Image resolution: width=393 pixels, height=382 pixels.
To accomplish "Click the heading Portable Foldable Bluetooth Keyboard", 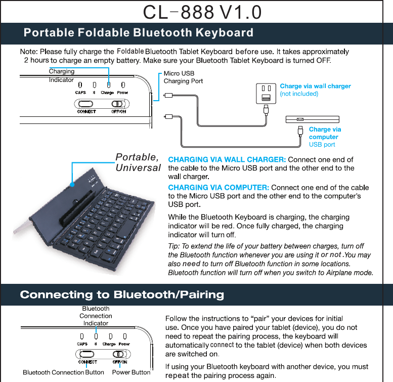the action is tap(138, 33).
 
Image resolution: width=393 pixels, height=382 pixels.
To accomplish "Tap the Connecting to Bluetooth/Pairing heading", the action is tap(122, 294).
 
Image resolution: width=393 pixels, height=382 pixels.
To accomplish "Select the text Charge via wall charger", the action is tap(315, 86).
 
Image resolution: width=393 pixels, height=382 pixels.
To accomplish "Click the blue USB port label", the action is tap(322, 145).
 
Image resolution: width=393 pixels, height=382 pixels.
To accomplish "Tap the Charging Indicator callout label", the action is tap(61, 76).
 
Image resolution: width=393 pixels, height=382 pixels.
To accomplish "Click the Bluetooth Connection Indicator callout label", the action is tap(96, 316).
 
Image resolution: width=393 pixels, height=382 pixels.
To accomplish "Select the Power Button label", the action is tap(132, 372).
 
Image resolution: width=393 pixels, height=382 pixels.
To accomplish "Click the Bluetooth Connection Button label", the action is tap(63, 372).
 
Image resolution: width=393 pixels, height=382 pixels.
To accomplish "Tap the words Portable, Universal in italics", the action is tap(138, 162).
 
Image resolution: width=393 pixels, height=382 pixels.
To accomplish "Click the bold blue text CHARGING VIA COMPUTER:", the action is tap(219, 188).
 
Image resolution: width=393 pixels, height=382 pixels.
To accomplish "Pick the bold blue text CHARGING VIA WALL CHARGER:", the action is tap(227, 160).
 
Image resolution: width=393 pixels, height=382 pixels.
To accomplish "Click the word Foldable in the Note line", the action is tap(130, 51).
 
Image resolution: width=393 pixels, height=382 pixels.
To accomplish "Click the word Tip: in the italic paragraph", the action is tap(173, 246).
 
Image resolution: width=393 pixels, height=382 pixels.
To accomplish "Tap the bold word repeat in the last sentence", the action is tap(177, 376).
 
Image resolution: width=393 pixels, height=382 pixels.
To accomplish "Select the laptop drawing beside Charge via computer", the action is tap(312, 119).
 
